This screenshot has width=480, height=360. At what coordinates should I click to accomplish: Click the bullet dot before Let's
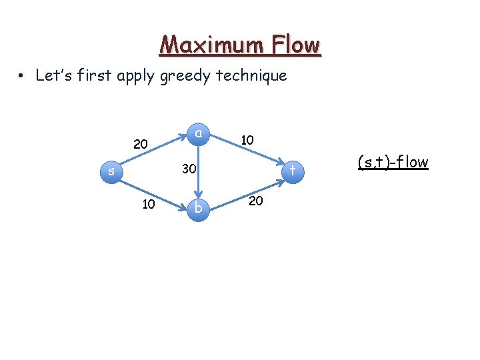23,76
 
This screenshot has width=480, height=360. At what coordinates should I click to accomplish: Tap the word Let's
49,75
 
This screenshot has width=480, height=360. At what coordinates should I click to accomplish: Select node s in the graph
111,172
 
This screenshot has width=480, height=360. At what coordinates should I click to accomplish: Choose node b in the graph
198,209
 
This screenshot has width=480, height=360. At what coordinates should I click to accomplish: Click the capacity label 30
189,170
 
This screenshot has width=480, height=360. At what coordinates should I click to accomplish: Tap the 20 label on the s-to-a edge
141,144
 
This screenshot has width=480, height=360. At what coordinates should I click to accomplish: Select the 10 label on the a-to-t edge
247,140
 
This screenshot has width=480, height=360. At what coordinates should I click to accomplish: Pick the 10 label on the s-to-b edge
149,203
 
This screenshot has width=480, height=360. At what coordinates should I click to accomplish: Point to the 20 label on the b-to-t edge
255,200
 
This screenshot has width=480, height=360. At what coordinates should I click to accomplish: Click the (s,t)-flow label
393,162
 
